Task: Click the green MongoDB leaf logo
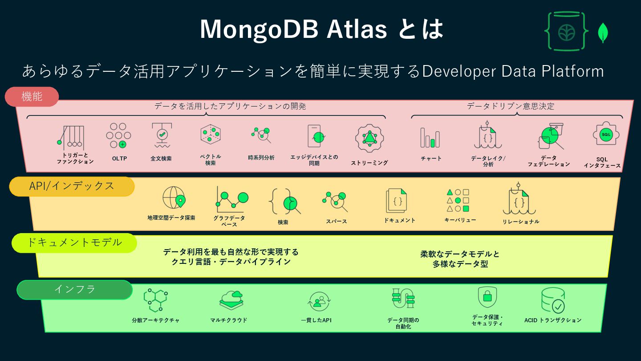pyautogui.click(x=603, y=33)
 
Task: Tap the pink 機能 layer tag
pyautogui.click(x=32, y=97)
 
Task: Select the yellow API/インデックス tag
pyautogui.click(x=72, y=186)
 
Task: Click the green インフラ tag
pyautogui.click(x=75, y=290)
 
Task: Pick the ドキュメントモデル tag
pyautogui.click(x=74, y=242)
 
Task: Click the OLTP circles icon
pyautogui.click(x=118, y=135)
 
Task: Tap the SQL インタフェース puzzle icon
pyautogui.click(x=606, y=135)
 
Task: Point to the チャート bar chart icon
pyautogui.click(x=430, y=138)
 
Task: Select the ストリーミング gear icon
pyautogui.click(x=369, y=139)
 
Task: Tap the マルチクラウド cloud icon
pyautogui.click(x=231, y=300)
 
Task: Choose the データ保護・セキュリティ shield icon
pyautogui.click(x=487, y=297)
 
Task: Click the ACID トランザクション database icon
pyautogui.click(x=552, y=300)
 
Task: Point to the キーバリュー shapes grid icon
pyautogui.click(x=458, y=200)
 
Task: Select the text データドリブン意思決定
pyautogui.click(x=511, y=106)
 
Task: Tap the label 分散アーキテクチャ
pyautogui.click(x=156, y=320)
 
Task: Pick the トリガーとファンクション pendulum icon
pyautogui.click(x=71, y=137)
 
